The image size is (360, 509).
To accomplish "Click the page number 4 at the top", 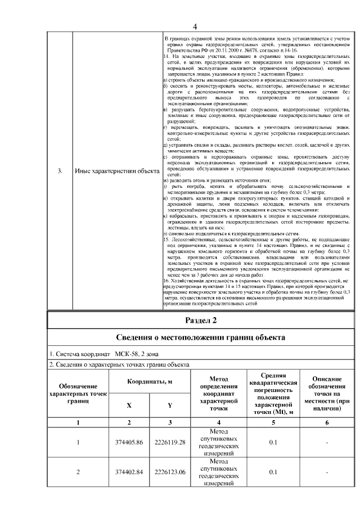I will click(x=195, y=26).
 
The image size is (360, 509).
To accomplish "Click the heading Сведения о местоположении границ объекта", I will click(x=201, y=337).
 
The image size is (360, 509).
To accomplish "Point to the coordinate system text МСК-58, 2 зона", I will click(x=137, y=354).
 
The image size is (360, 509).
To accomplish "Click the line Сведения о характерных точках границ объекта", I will click(x=119, y=364).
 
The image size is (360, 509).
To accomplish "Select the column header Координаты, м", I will click(x=149, y=382).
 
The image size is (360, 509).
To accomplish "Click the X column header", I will click(x=129, y=405).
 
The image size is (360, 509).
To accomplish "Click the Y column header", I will click(x=170, y=405).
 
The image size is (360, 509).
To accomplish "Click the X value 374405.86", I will click(x=129, y=443).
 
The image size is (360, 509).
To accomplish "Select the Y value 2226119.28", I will click(x=170, y=443).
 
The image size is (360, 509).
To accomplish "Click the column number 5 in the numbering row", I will click(x=273, y=422).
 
